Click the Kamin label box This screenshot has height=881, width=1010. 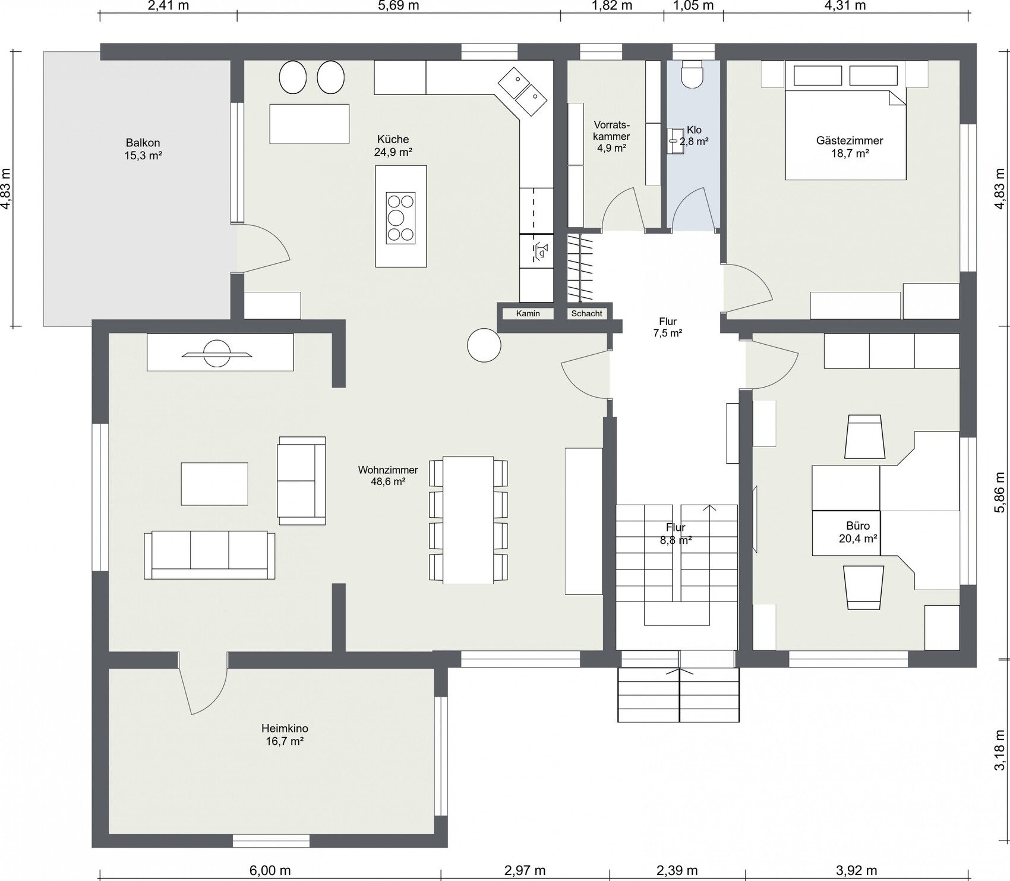coord(528,313)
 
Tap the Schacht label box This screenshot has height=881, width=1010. coord(586,313)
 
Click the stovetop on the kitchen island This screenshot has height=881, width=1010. coord(400,218)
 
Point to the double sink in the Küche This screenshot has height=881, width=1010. coord(522,92)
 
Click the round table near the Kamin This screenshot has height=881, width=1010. coord(484,345)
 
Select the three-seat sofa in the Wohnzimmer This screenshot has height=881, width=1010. coord(210,555)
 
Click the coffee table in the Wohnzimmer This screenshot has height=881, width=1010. coord(214,484)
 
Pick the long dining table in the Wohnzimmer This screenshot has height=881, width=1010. coord(468,520)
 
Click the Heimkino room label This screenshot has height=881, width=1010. coord(285,735)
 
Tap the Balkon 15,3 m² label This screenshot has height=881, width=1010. coord(143,149)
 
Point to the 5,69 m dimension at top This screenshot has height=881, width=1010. coord(399,6)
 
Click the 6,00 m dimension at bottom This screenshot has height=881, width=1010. coord(270,871)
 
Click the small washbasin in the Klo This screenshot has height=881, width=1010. coord(676,141)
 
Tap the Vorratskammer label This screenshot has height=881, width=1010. coord(611,136)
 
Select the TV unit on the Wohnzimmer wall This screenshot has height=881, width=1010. coord(220,353)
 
